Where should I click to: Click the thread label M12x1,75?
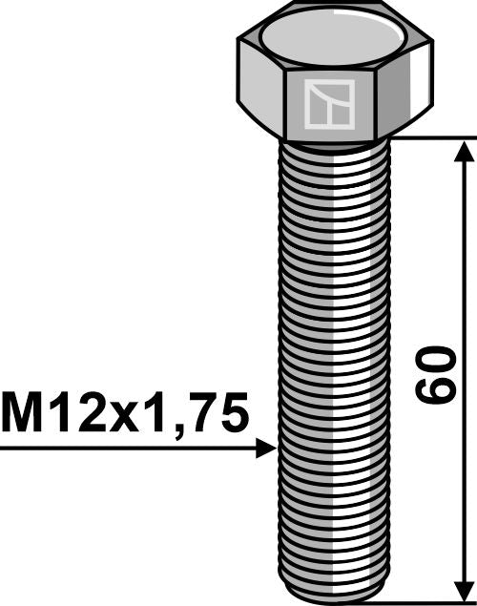pyautogui.click(x=125, y=413)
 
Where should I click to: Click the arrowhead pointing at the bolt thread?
pyautogui.click(x=267, y=448)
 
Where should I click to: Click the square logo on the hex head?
pyautogui.click(x=329, y=104)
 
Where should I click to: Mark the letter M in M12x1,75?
pyautogui.click(x=24, y=413)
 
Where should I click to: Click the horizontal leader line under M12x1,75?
pyautogui.click(x=124, y=448)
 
